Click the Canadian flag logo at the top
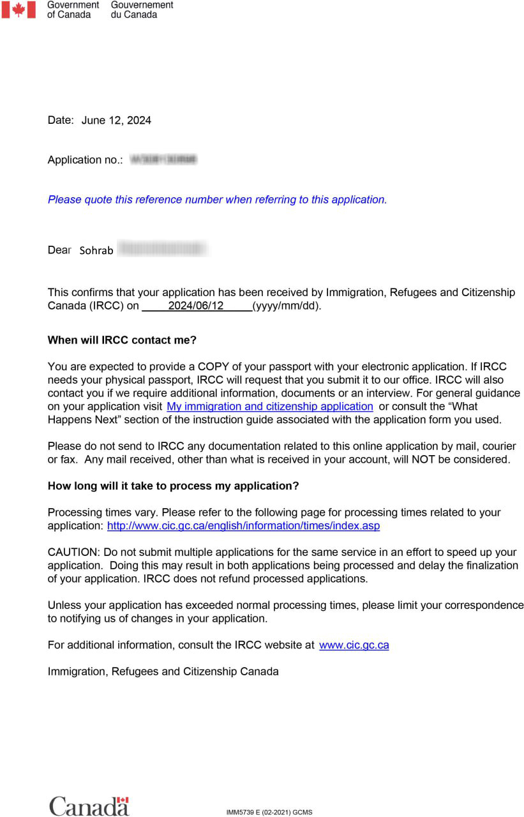19,10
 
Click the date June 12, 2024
116,121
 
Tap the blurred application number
163,160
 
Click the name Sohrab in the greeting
96,251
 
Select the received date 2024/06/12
196,306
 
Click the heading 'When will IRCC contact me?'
122,340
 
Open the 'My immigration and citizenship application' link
269,407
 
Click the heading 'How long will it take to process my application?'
173,486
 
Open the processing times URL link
243,526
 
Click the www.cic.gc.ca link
354,645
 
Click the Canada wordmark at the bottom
89,806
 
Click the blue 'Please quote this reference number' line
217,200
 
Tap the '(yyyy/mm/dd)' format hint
287,306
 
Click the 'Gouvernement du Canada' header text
142,10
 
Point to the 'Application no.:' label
85,160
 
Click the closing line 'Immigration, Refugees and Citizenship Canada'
163,671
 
